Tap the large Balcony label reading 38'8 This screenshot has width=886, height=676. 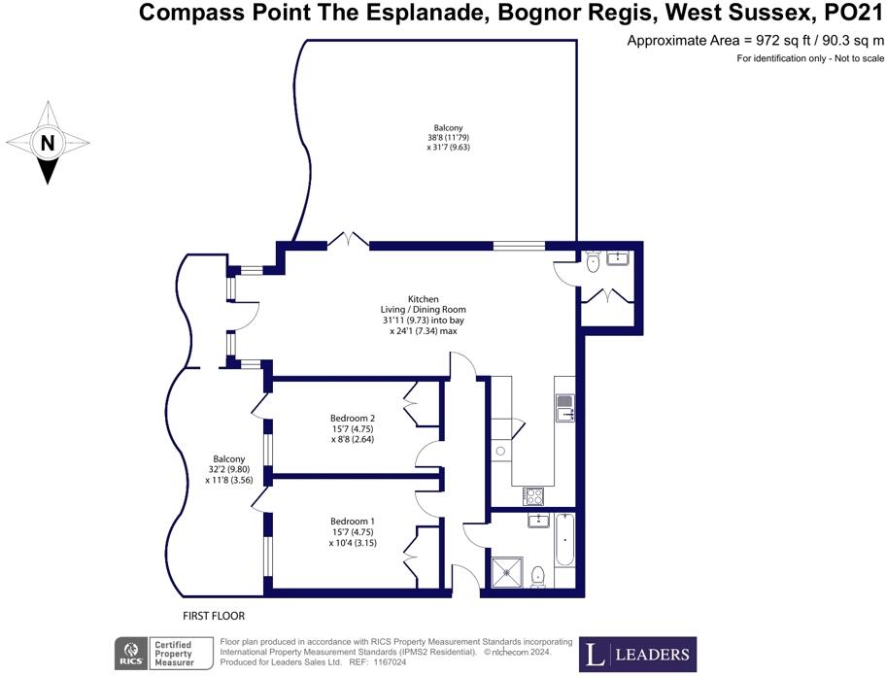448,137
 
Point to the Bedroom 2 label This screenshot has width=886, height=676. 352,428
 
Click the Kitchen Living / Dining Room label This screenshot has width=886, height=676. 423,315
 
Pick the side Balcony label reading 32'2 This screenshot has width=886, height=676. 229,469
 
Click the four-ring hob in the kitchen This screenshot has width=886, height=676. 534,495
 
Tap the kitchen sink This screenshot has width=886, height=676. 564,407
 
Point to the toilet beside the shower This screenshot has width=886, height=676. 538,577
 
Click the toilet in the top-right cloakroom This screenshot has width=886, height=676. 593,260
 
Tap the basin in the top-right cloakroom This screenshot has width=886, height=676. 618,257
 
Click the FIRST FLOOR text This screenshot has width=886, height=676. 214,616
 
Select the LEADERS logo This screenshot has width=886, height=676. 637,654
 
